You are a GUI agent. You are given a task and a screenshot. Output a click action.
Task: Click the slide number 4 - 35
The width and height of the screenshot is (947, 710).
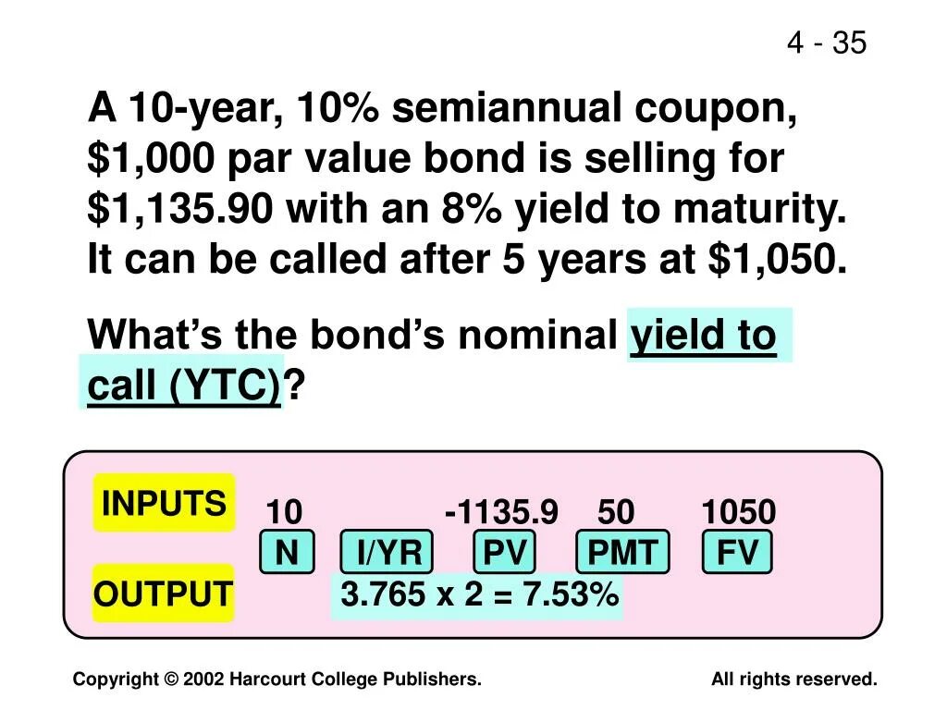pyautogui.click(x=827, y=43)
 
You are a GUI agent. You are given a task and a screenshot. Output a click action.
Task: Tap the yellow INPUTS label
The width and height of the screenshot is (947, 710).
pyautogui.click(x=164, y=504)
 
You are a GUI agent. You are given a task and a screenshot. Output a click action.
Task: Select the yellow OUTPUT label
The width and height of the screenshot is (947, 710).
pyautogui.click(x=163, y=594)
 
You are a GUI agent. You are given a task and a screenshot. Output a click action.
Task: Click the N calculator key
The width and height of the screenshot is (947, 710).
pyautogui.click(x=287, y=554)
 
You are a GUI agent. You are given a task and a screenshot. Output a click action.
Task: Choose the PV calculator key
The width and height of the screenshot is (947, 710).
pyautogui.click(x=505, y=554)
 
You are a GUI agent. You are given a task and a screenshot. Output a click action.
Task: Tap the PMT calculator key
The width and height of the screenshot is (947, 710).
pyautogui.click(x=622, y=554)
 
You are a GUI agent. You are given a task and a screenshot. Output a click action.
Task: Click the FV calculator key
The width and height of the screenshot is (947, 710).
pyautogui.click(x=737, y=554)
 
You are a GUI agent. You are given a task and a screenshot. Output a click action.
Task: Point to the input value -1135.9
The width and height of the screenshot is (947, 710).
pyautogui.click(x=501, y=512)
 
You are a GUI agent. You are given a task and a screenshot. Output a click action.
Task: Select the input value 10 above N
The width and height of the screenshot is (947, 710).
pyautogui.click(x=284, y=512)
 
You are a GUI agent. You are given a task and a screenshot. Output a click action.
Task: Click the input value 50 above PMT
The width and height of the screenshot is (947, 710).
pyautogui.click(x=616, y=512)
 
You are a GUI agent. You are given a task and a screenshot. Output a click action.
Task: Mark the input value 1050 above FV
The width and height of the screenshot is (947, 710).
pyautogui.click(x=738, y=512)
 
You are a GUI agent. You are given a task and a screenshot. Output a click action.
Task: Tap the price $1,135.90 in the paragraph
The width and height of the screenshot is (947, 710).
pyautogui.click(x=180, y=210)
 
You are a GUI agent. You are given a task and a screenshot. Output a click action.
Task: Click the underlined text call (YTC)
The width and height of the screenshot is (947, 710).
pyautogui.click(x=183, y=386)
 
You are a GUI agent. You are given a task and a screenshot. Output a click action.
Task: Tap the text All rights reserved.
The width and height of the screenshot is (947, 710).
pyautogui.click(x=793, y=679)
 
